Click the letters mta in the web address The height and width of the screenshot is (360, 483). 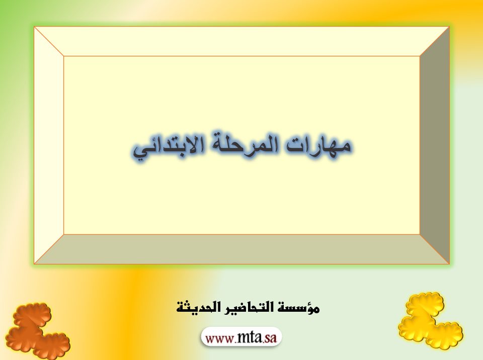point(250,337)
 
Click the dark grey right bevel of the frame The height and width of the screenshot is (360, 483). point(435,145)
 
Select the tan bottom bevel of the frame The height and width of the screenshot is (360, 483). point(242,249)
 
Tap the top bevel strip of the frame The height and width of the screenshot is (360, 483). point(242,41)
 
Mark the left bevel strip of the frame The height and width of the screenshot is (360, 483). point(49,145)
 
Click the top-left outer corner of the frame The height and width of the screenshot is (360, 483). point(35,27)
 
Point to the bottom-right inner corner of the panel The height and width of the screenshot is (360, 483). point(420,235)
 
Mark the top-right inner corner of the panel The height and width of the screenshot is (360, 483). point(420,56)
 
